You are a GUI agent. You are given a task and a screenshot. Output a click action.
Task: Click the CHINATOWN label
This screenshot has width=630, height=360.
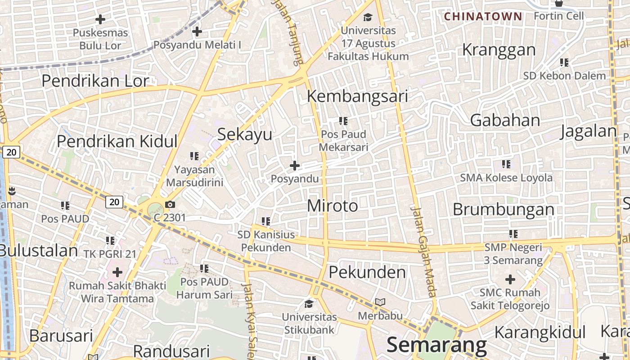(x=483, y=17)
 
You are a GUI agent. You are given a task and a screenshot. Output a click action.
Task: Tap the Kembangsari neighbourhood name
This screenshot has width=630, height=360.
(x=357, y=96)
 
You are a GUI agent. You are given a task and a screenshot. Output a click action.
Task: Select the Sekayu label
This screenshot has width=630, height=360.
(x=245, y=134)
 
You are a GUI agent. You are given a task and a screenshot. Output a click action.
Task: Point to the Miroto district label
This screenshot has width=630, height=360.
(x=333, y=206)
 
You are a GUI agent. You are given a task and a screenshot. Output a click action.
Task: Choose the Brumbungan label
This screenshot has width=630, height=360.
(x=504, y=209)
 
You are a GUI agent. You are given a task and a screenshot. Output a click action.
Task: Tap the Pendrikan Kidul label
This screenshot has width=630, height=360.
(x=117, y=141)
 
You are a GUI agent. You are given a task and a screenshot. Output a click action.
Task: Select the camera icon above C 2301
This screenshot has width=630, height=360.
(x=170, y=205)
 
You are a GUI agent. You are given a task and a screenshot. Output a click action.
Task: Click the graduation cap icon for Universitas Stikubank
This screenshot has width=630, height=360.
(x=309, y=304)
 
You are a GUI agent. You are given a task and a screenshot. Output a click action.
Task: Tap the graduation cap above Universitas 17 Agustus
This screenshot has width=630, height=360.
(x=368, y=18)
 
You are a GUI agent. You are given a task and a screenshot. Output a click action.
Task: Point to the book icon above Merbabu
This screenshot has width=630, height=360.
(x=380, y=302)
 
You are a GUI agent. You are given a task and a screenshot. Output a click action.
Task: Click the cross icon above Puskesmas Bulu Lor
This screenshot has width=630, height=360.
(x=100, y=19)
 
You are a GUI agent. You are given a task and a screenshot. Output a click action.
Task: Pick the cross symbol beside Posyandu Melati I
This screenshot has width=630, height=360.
(x=197, y=31)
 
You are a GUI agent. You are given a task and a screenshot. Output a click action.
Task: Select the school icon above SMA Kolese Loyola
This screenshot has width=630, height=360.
(x=506, y=164)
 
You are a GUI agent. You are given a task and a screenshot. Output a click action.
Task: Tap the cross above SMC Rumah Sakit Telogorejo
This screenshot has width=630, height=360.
(x=510, y=279)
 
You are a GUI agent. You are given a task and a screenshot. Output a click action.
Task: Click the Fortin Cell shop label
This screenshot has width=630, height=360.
(x=558, y=16)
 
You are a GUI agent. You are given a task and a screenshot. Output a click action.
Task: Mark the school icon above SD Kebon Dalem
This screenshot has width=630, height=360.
(x=564, y=63)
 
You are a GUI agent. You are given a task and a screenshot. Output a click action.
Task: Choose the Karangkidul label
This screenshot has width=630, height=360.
(x=540, y=333)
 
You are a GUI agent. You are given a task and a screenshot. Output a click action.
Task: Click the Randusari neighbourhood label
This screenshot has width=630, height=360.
(x=171, y=351)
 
